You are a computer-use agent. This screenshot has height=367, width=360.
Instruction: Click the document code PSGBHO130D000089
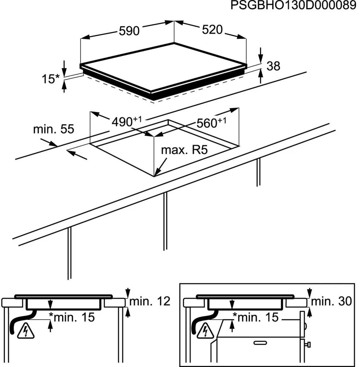tap(293, 6)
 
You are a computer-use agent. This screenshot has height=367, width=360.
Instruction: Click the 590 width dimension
tap(129, 31)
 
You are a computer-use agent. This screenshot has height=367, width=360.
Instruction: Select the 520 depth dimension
tap(212, 29)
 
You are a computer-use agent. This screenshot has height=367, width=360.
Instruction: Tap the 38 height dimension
tap(273, 66)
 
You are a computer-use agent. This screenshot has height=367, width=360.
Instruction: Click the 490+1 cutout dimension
tap(126, 121)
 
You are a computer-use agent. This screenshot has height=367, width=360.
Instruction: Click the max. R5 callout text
tap(184, 150)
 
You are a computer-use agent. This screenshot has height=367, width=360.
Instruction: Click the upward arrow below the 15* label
tap(65, 87)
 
